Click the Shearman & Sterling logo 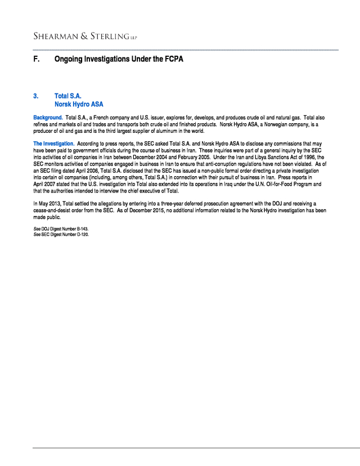(84, 37)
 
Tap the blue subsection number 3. (35, 96)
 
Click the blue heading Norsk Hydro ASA (79, 104)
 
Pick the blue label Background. (48, 117)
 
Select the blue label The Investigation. (53, 144)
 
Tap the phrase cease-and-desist (52, 210)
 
